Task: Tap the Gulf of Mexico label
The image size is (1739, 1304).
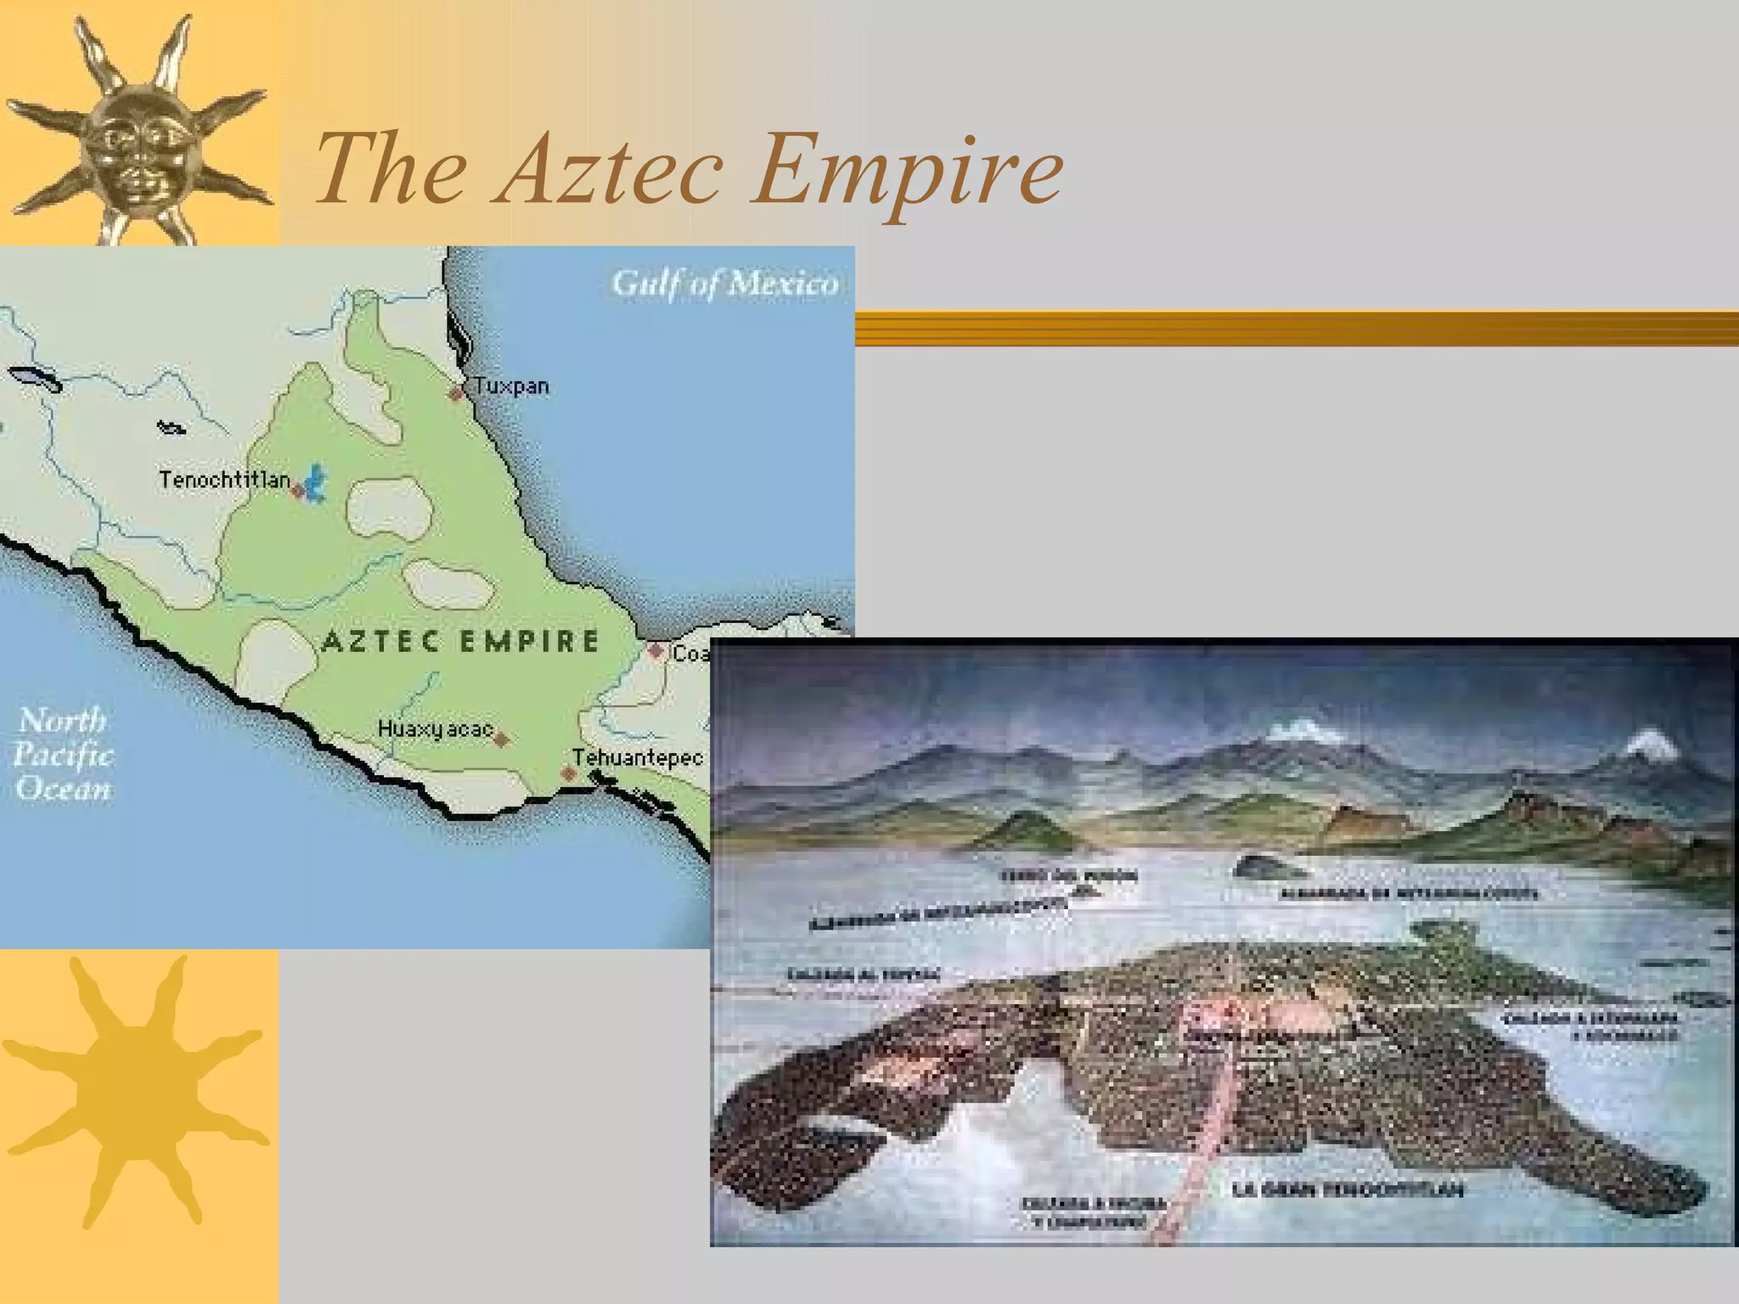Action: coord(724,283)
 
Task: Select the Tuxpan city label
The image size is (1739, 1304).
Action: coord(511,386)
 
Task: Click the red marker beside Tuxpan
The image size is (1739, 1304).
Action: coord(457,393)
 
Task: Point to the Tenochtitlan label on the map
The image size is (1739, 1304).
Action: coord(224,480)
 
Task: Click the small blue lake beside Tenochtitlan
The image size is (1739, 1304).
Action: coord(316,484)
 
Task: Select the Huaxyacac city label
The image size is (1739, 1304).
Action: coord(435,729)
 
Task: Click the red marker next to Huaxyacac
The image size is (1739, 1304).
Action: coord(502,739)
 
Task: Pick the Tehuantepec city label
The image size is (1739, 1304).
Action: coord(638,757)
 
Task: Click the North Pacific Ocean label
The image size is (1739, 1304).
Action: coord(63,754)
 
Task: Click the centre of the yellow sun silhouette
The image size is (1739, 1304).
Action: coord(136,1092)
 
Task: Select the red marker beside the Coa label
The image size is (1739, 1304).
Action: coord(656,651)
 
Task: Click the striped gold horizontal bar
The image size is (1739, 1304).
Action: coord(1297,329)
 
